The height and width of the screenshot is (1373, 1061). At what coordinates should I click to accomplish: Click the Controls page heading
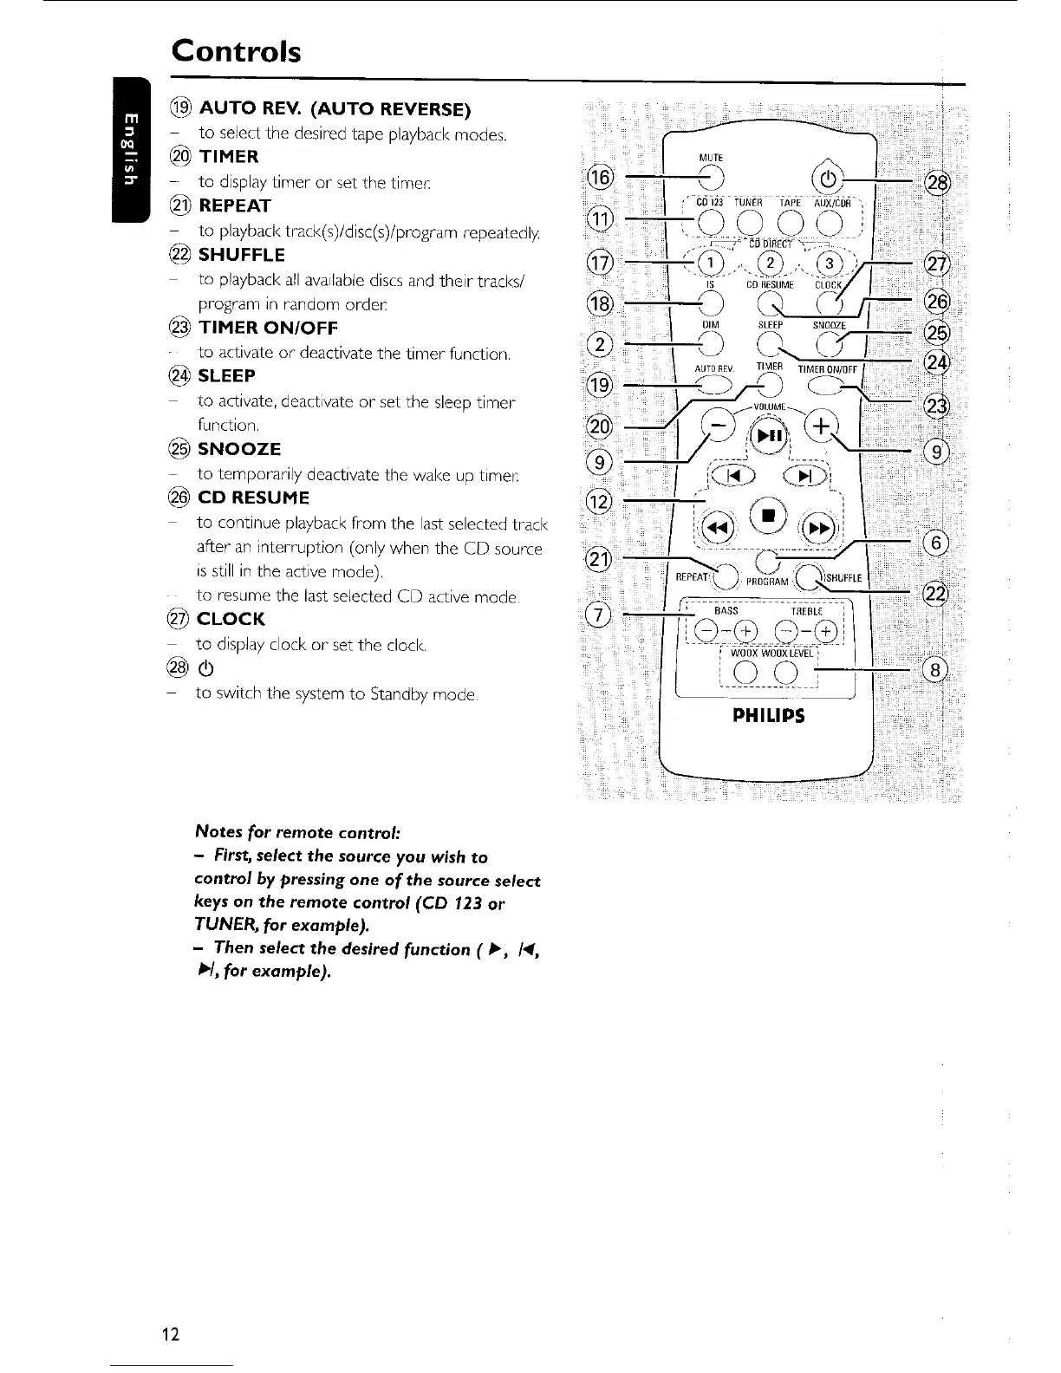coord(236,51)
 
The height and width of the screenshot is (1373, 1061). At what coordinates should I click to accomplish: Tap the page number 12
coord(170,1333)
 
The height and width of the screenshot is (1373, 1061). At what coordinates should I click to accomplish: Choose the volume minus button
coord(718,425)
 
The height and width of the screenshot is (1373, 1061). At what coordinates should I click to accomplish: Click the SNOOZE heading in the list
coord(239,449)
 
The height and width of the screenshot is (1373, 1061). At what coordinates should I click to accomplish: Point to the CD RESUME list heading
coord(253,498)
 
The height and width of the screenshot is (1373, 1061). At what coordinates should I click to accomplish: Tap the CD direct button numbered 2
coord(766,262)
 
